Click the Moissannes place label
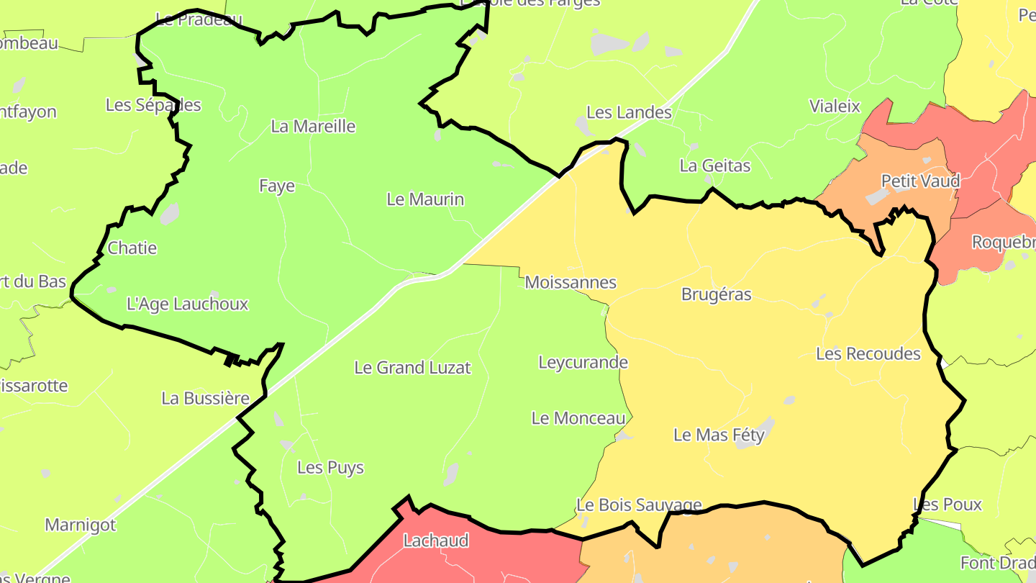[x=571, y=283]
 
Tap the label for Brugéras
[x=716, y=294]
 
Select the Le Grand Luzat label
[x=412, y=368]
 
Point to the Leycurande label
[x=583, y=362]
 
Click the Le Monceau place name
[x=578, y=418]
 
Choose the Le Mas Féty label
[x=719, y=435]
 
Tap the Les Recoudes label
[x=868, y=354]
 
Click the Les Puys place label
[x=330, y=468]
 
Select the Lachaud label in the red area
[x=435, y=541]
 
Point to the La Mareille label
[x=313, y=127]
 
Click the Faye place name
[x=277, y=186]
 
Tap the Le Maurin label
[x=425, y=199]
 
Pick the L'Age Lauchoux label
[x=187, y=304]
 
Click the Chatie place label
[x=132, y=248]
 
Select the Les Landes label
[x=629, y=112]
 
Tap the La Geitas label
[x=714, y=166]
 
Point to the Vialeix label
[x=835, y=107]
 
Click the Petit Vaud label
[x=920, y=181]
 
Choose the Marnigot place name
[x=80, y=525]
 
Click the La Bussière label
[x=205, y=399]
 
